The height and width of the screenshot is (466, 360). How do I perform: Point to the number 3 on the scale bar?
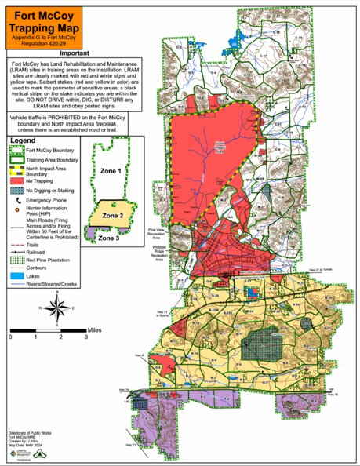[85, 337]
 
